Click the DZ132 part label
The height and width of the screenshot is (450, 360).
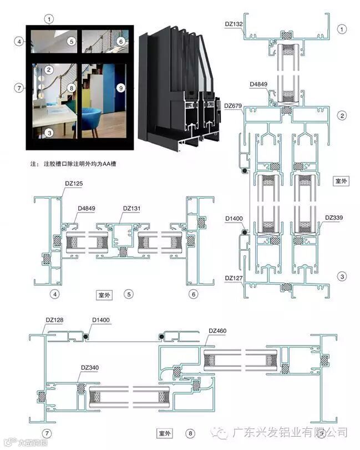pos(234,24)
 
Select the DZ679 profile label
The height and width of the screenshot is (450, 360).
pos(234,105)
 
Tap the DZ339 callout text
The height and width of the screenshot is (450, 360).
pos(334,218)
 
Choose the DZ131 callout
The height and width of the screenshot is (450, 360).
pos(131,208)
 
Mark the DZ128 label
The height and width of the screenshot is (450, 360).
pos(54,320)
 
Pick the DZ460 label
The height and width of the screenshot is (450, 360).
pos(217,331)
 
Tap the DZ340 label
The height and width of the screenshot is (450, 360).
pos(90,367)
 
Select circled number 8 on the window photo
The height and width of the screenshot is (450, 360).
pos(70,88)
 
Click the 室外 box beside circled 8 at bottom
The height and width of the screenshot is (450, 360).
pos(165,432)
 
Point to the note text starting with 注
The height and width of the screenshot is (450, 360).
pos(75,164)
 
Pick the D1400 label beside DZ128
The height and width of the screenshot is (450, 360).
pos(102,320)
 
